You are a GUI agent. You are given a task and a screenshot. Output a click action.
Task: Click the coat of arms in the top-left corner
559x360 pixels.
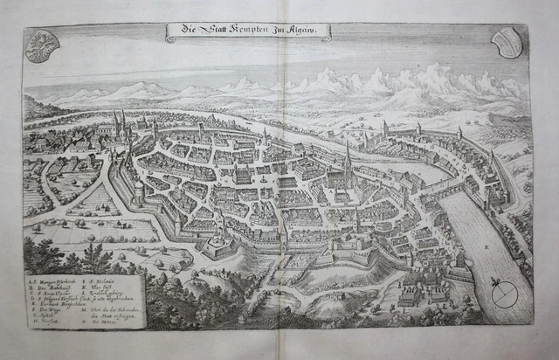[38, 46]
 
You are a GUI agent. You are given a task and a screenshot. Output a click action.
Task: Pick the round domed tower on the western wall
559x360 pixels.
[138, 194]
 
